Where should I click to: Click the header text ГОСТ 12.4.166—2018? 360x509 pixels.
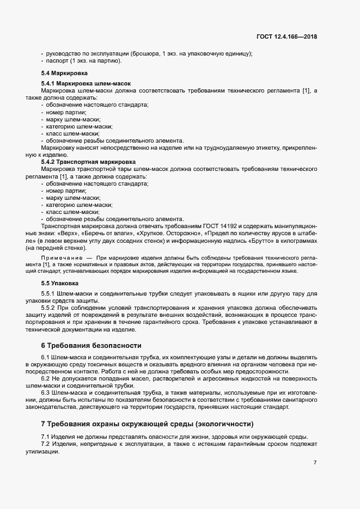click(286, 37)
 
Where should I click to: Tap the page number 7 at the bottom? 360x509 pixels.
click(315, 463)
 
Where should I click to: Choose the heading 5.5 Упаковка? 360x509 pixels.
click(60, 283)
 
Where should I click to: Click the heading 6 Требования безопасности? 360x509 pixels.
click(91, 345)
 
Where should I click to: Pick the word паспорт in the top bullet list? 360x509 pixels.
click(58, 60)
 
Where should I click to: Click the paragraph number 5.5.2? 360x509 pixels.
click(50, 308)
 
